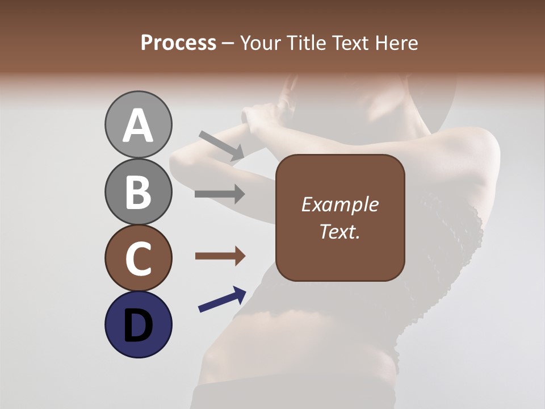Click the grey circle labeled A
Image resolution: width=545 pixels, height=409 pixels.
click(138, 124)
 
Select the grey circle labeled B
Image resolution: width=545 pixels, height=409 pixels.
click(138, 191)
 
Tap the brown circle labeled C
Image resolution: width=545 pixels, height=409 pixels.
click(138, 258)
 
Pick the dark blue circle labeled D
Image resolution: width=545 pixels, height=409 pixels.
click(138, 324)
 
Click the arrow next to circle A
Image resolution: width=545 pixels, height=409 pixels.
click(221, 145)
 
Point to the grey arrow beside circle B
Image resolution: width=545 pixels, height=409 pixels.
click(220, 194)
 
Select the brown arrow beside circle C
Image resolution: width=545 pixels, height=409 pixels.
click(220, 256)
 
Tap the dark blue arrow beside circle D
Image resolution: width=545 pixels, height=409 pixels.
click(222, 299)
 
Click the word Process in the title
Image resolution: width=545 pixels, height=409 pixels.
click(178, 43)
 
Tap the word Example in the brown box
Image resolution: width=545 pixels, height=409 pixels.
click(339, 205)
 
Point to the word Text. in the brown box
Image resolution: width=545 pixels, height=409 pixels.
click(339, 231)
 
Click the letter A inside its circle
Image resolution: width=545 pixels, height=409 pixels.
click(138, 126)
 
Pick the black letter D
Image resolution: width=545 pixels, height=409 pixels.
click(138, 325)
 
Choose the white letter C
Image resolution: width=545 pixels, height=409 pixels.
click(138, 258)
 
